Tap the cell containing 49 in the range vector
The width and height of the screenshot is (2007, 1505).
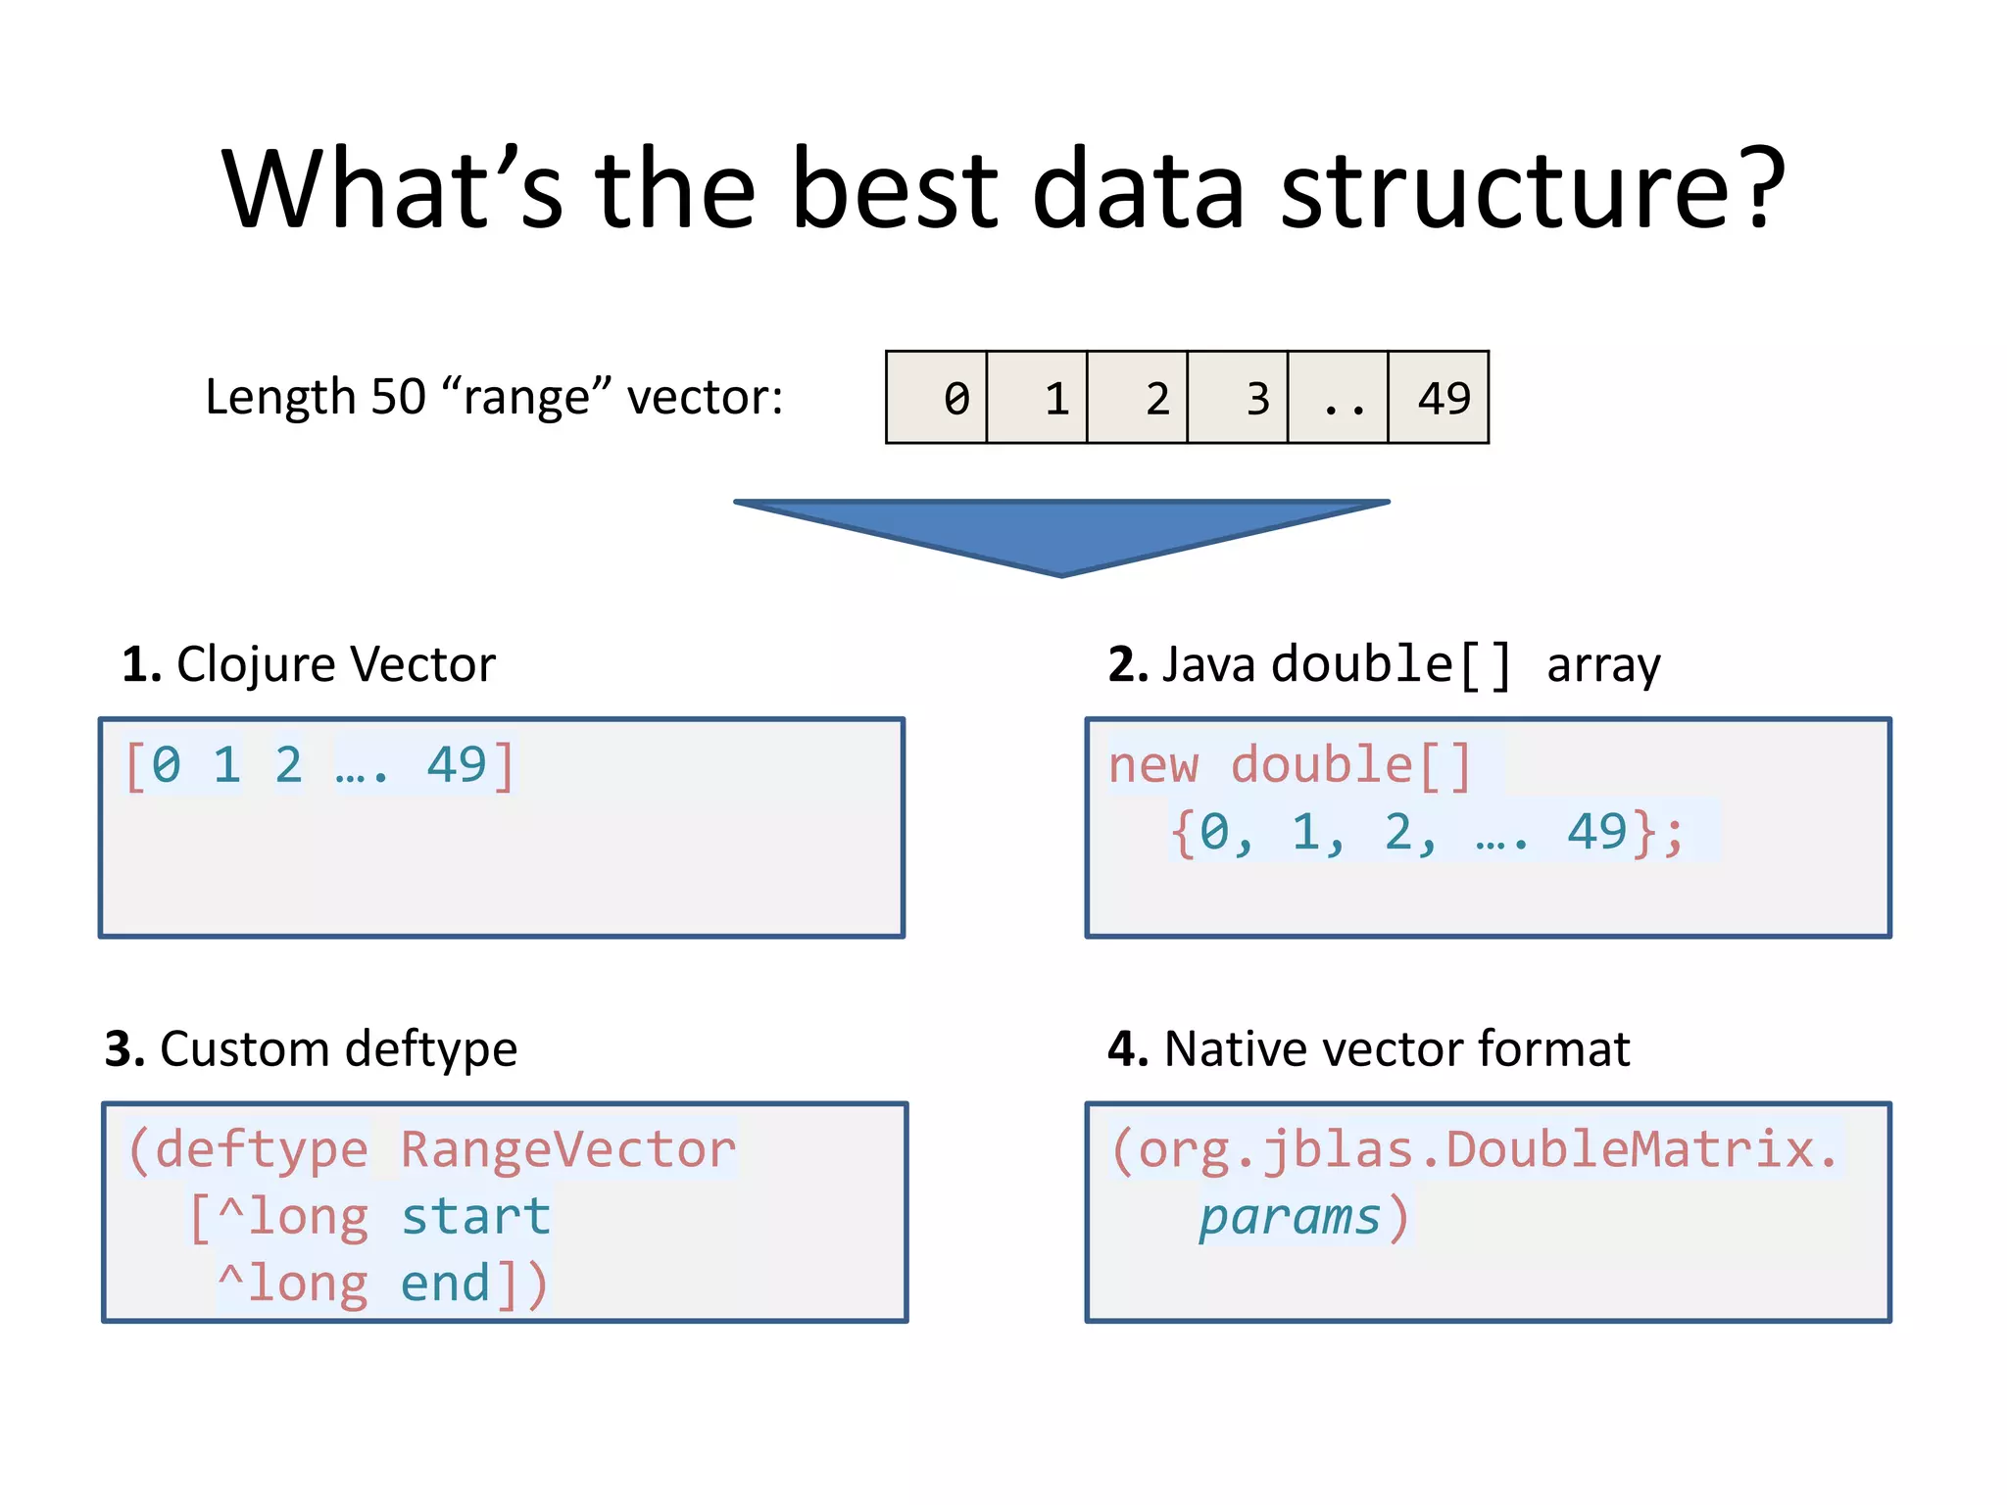(1439, 398)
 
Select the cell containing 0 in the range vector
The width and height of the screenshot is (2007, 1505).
(937, 398)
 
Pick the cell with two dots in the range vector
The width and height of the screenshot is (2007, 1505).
(1339, 398)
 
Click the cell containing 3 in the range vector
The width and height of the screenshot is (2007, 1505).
(1238, 398)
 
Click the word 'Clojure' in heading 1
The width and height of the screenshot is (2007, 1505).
(257, 664)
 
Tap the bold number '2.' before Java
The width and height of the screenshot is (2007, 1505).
(1127, 664)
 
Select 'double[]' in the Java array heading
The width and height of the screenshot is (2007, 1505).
(1392, 664)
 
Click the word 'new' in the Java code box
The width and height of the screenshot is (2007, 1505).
(1153, 765)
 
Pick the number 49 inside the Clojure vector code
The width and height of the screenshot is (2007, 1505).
(456, 765)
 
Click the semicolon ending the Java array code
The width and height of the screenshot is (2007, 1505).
(1674, 834)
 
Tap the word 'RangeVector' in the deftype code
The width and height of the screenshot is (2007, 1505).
(568, 1149)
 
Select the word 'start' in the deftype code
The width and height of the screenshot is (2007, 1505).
(476, 1217)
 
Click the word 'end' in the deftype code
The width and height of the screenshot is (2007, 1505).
(445, 1285)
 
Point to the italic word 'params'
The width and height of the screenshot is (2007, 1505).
(1290, 1217)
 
